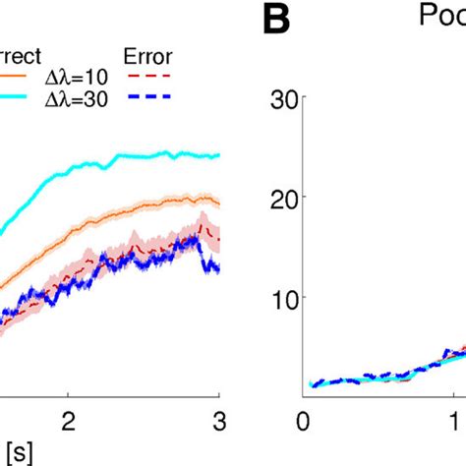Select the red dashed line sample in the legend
tap(149, 75)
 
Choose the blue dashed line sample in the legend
tap(149, 96)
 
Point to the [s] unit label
tap(13, 449)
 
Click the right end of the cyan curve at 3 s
tap(217, 155)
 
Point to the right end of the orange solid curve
tap(217, 202)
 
